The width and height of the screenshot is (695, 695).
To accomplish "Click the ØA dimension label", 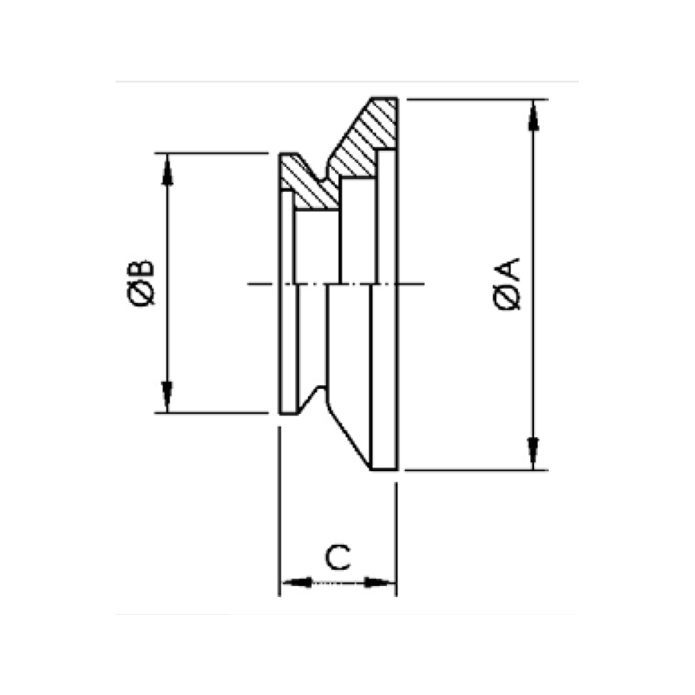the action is (507, 284).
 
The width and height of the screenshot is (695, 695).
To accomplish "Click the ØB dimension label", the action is (141, 283).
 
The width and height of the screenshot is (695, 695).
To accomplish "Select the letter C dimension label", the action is (338, 557).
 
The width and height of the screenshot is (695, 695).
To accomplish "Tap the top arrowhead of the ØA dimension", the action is (534, 115).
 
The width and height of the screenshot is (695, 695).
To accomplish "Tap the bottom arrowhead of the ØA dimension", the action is (534, 454).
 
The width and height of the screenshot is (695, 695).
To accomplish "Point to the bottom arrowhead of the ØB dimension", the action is (167, 397).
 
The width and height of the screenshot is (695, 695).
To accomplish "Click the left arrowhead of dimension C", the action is (297, 582).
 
